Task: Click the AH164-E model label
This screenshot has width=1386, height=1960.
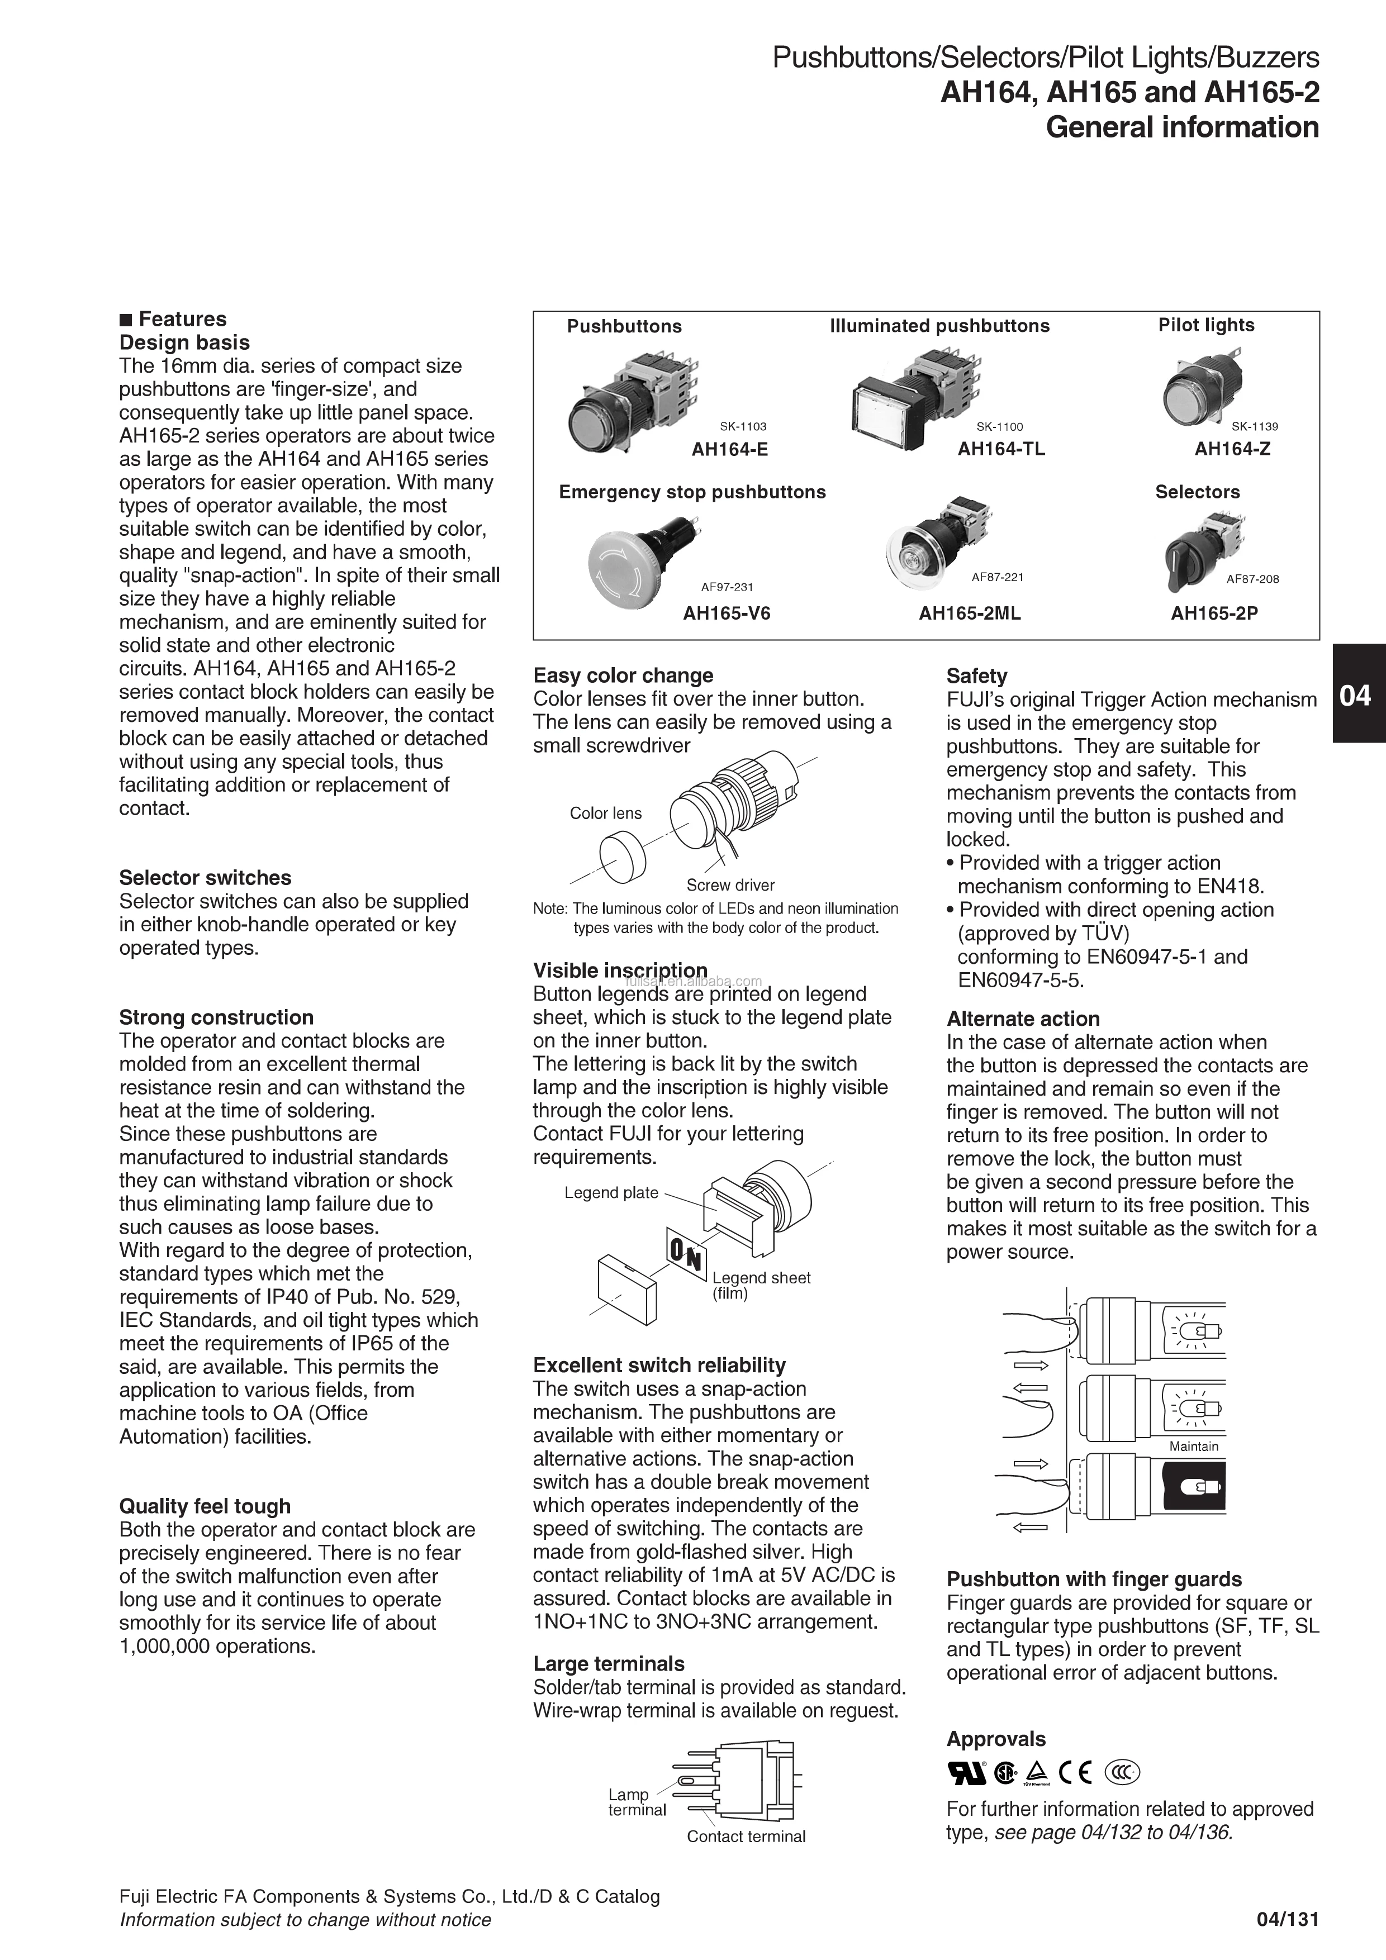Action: click(x=729, y=449)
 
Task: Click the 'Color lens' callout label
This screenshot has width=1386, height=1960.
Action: click(x=605, y=814)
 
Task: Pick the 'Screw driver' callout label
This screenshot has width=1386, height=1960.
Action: click(x=730, y=885)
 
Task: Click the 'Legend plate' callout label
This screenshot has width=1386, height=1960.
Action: click(x=611, y=1192)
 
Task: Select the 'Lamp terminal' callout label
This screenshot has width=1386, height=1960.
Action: click(x=636, y=1802)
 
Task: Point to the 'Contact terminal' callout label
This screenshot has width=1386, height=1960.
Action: click(x=746, y=1836)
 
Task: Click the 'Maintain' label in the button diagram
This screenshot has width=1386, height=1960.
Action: click(x=1193, y=1446)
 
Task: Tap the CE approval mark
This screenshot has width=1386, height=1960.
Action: click(x=1075, y=1773)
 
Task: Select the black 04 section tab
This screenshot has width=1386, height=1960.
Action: click(x=1358, y=695)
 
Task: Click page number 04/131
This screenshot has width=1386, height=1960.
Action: click(x=1287, y=1920)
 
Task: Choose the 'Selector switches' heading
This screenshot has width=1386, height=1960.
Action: click(x=205, y=878)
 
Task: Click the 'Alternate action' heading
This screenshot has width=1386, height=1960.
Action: click(x=1022, y=1019)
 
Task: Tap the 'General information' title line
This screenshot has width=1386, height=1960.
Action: click(x=1182, y=127)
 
